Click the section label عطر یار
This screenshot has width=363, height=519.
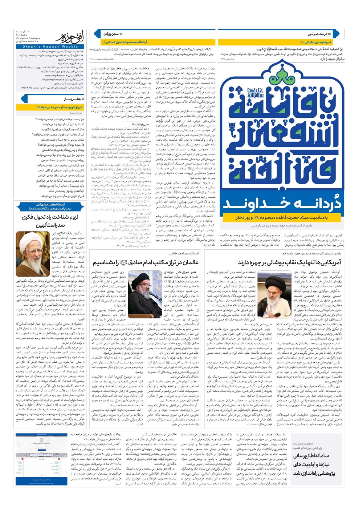(x=72, y=99)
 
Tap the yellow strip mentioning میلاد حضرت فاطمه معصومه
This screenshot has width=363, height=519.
(x=281, y=217)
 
